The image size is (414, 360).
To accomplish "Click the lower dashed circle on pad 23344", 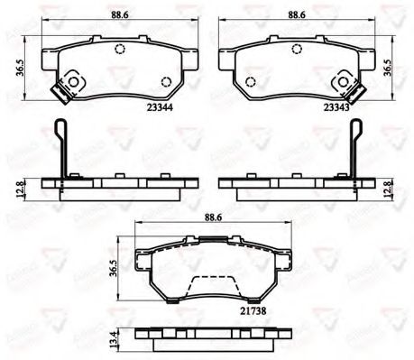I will (163, 84).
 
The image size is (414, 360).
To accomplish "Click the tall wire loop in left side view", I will (60, 147).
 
